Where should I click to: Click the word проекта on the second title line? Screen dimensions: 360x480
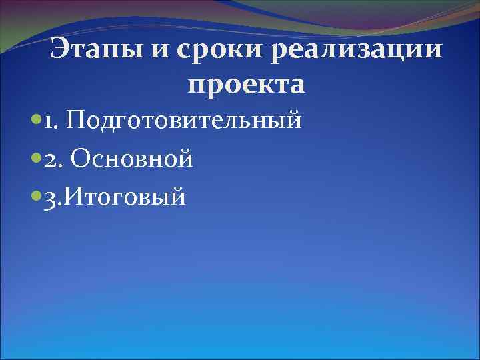point(247,85)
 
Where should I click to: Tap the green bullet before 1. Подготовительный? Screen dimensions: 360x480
point(35,122)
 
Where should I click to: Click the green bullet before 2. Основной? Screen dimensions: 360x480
point(35,159)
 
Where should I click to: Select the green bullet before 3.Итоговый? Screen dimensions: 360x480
point(35,197)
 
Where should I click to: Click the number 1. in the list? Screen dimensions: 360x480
point(51,122)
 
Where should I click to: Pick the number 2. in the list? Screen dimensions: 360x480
point(52,159)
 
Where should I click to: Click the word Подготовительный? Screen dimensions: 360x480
point(184,122)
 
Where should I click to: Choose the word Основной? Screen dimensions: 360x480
point(131,159)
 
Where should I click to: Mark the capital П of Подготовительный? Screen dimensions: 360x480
point(76,122)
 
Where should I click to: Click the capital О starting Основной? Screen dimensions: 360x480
point(79,159)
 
